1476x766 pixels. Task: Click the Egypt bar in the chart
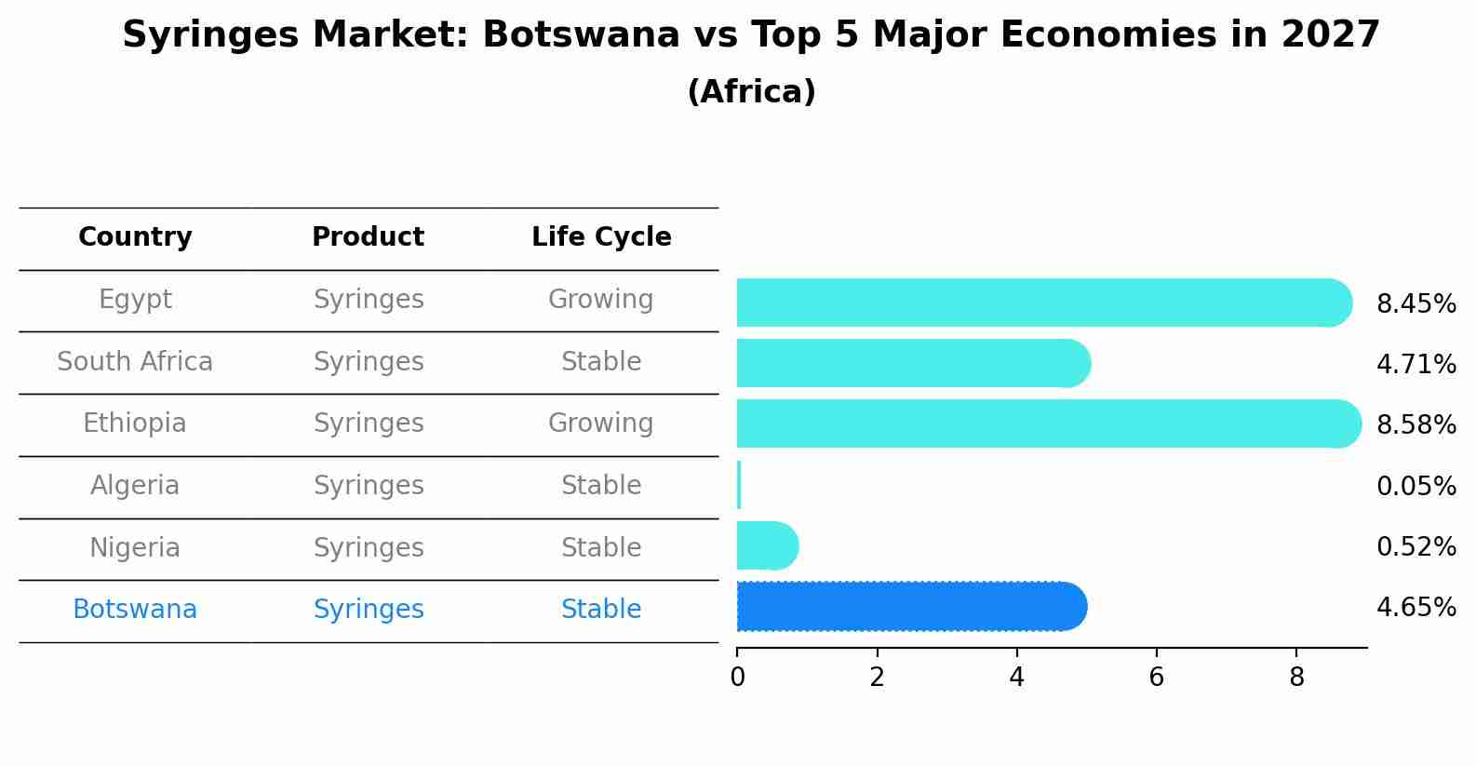point(1042,302)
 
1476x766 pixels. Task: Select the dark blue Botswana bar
point(910,606)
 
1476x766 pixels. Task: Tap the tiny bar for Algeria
point(739,485)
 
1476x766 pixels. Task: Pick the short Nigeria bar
point(766,545)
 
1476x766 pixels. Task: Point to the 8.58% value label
point(1416,424)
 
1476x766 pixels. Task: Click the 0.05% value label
point(1416,486)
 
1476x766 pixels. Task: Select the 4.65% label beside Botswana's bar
point(1416,607)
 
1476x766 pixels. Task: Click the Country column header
point(135,237)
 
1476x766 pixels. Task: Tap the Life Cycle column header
point(601,237)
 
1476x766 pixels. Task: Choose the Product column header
point(368,237)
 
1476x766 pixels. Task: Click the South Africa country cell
point(135,361)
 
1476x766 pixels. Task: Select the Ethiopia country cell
point(135,423)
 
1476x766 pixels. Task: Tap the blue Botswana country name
point(135,610)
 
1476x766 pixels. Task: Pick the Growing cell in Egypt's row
point(601,300)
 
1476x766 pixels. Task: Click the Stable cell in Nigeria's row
point(601,547)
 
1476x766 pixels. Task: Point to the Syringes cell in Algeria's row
point(368,486)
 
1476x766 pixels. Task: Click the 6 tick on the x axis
point(1156,678)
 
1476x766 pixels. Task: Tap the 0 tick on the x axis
point(737,678)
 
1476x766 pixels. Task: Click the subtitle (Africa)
point(751,92)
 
